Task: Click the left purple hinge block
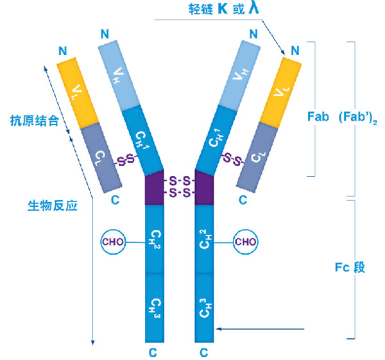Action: click(x=156, y=187)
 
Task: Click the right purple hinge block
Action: click(x=203, y=187)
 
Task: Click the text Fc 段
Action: click(x=350, y=267)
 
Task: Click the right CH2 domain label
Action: click(x=203, y=239)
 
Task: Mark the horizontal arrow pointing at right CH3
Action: click(x=260, y=329)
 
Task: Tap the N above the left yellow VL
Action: click(x=62, y=50)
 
